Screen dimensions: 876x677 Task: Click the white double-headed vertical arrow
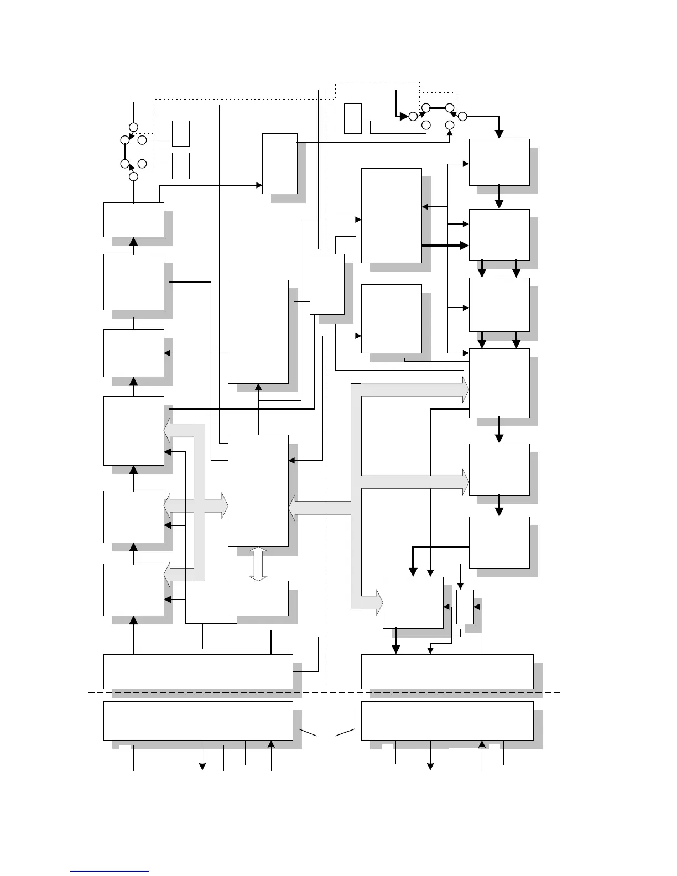click(258, 564)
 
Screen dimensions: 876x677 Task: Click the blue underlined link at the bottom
click(110, 871)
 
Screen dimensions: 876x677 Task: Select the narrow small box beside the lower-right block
click(465, 607)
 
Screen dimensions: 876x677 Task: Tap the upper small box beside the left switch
click(181, 133)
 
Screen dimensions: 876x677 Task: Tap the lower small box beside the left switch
click(181, 165)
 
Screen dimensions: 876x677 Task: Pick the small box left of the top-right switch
click(352, 118)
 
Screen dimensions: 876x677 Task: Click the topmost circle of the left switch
click(133, 127)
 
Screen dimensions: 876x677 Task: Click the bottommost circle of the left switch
click(133, 176)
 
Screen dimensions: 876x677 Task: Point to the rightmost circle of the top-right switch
click(463, 116)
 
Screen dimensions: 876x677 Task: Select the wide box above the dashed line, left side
click(198, 671)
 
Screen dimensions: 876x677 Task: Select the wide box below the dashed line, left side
click(198, 721)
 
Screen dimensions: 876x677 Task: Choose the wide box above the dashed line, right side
click(447, 671)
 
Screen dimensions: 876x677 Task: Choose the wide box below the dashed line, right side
click(447, 721)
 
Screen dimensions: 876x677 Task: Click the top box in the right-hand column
click(499, 162)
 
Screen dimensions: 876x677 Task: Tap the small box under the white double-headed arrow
click(258, 598)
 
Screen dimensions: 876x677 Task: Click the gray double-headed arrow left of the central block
click(196, 505)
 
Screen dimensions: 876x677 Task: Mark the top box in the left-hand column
click(133, 220)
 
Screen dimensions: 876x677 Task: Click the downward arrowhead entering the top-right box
click(499, 134)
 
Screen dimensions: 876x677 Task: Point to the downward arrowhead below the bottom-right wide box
click(430, 766)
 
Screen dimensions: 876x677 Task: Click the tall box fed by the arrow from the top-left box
click(279, 164)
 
